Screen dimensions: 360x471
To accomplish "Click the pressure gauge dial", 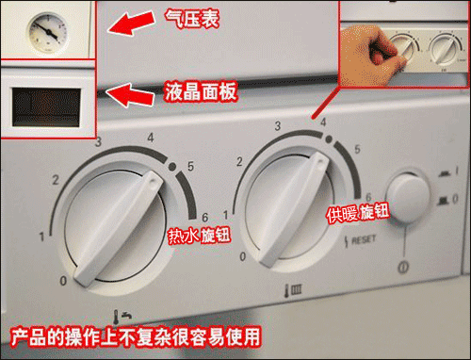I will [x=43, y=29].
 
